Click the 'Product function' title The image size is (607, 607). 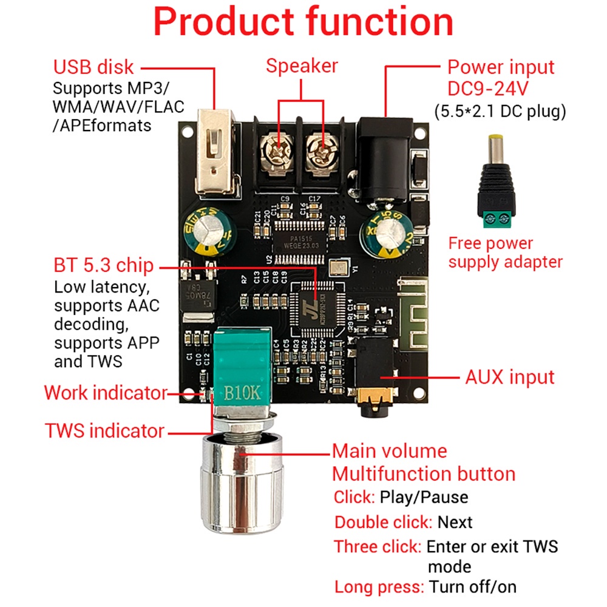303,22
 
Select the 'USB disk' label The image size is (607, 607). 93,67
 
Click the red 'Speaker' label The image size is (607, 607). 302,66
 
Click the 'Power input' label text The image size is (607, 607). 501,67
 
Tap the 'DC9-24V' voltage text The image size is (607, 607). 488,89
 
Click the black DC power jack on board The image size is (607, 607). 382,158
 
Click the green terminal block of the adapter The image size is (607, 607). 501,218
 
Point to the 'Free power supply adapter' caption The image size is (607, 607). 505,253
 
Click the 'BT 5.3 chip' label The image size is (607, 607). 104,266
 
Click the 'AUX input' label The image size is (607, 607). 509,377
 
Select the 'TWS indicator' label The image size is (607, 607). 104,431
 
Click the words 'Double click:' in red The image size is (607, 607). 383,522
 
